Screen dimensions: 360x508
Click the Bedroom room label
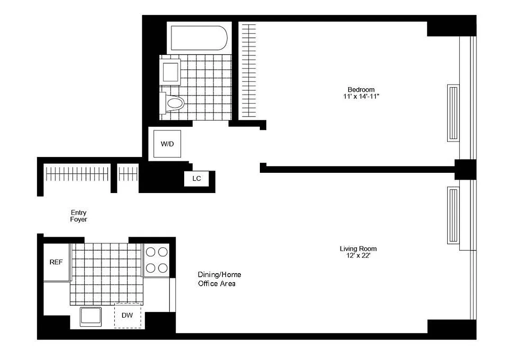tap(361, 90)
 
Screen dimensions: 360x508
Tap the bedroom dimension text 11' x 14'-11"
tap(361, 96)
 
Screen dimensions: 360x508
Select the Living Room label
tap(358, 248)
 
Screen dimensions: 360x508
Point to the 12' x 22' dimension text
tap(358, 256)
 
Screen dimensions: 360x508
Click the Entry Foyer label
tap(78, 216)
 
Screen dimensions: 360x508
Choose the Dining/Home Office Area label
tap(219, 279)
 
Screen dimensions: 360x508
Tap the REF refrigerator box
tap(56, 262)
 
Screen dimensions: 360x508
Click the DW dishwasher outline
tap(127, 315)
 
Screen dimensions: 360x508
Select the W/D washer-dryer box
tap(167, 144)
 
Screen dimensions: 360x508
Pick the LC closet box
tap(196, 179)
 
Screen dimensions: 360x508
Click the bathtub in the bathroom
tap(198, 38)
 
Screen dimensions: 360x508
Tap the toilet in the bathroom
tap(173, 104)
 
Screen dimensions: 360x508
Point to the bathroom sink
tap(171, 71)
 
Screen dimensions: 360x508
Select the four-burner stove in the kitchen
tap(156, 260)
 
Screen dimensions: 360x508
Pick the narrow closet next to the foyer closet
tap(128, 175)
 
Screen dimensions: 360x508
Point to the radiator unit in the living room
tap(453, 215)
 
